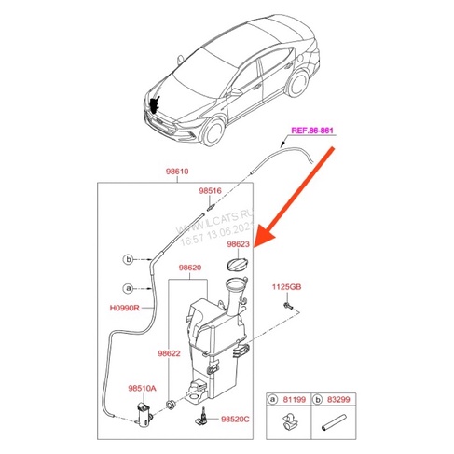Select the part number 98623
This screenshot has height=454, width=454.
pos(238,243)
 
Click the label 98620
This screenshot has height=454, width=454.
pos(189,268)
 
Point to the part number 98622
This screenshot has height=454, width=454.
pos(168,353)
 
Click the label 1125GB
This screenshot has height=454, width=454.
pos(285,286)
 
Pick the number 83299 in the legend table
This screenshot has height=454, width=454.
pos(337,399)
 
